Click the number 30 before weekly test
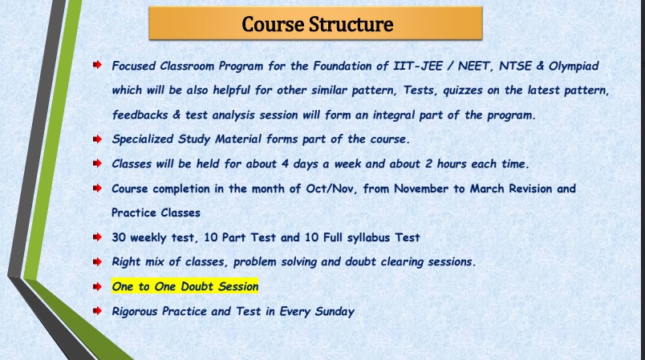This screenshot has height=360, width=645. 120,237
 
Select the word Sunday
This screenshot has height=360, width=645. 330,311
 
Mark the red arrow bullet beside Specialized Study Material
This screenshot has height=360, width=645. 97,139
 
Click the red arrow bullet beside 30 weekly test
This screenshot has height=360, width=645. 97,237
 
